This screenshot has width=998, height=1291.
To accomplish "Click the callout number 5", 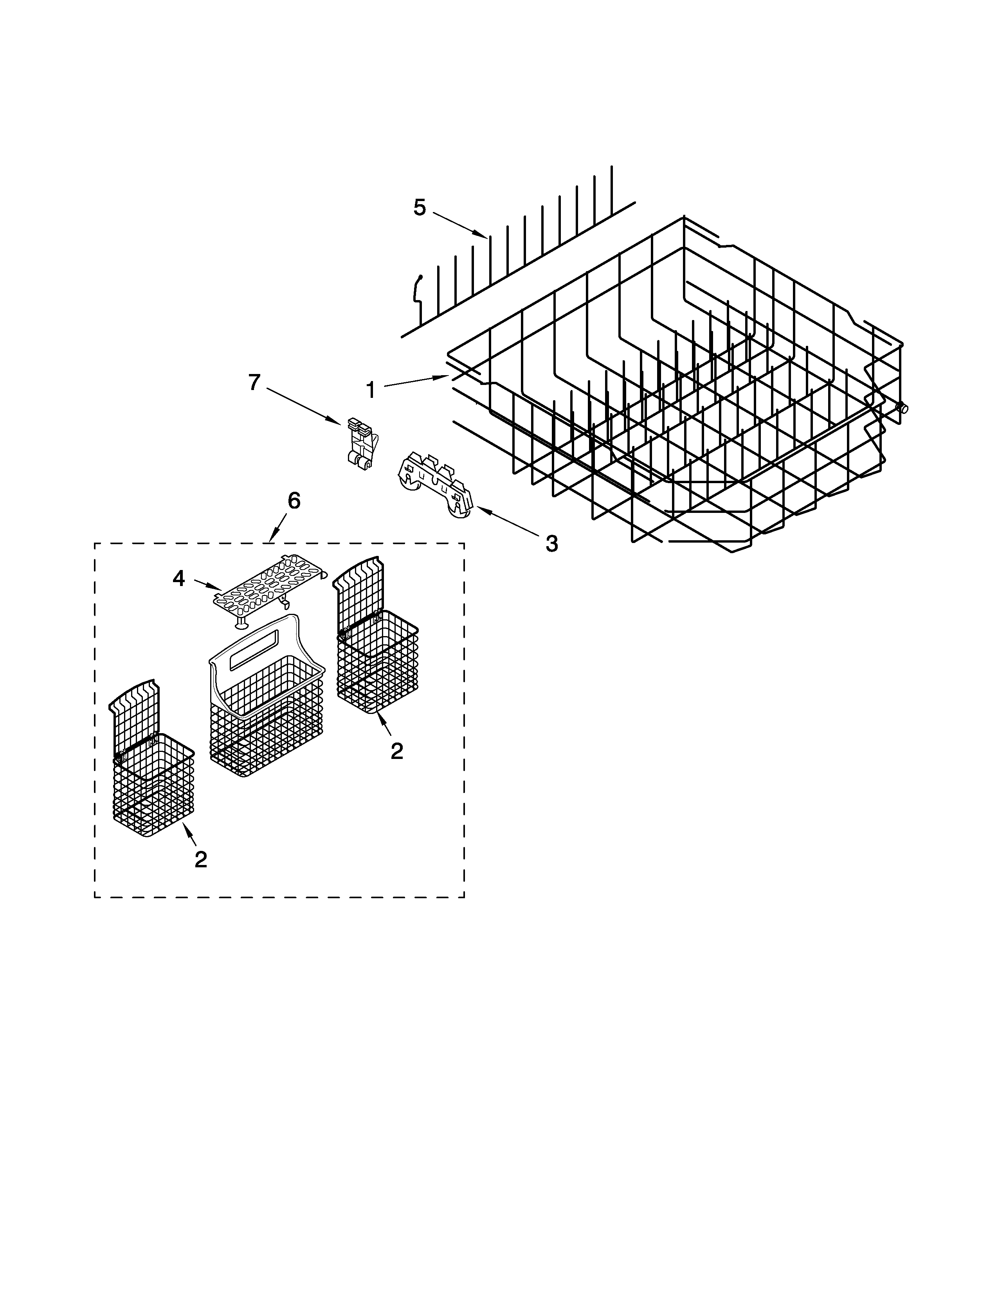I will pyautogui.click(x=419, y=207).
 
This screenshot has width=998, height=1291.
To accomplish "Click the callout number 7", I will pyautogui.click(x=254, y=383).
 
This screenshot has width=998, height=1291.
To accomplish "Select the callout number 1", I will pyautogui.click(x=371, y=390).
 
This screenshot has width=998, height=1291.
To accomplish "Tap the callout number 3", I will pyautogui.click(x=551, y=543).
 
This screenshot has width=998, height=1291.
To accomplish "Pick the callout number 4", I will pyautogui.click(x=178, y=578).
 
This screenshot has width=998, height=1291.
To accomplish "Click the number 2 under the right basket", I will pyautogui.click(x=397, y=751).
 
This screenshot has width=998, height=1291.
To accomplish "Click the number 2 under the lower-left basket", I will pyautogui.click(x=201, y=859).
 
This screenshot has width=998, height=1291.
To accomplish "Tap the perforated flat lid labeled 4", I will pyautogui.click(x=269, y=588).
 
